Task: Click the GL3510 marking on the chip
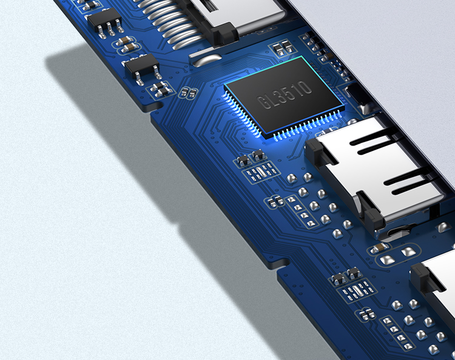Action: coord(285,95)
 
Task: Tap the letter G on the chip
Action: coord(263,102)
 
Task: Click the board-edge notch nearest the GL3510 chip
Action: coord(155,107)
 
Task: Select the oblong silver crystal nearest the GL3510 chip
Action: coord(261,172)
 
